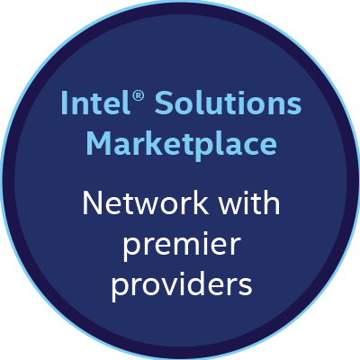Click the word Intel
point(95,103)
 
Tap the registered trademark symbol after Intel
point(138,96)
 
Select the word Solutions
point(228,103)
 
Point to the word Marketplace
point(182,146)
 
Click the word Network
point(146,202)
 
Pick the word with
point(249,202)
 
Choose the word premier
point(182,246)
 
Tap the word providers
point(182,286)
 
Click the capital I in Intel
point(64,103)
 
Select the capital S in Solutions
point(164,103)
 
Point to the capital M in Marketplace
point(98,143)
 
